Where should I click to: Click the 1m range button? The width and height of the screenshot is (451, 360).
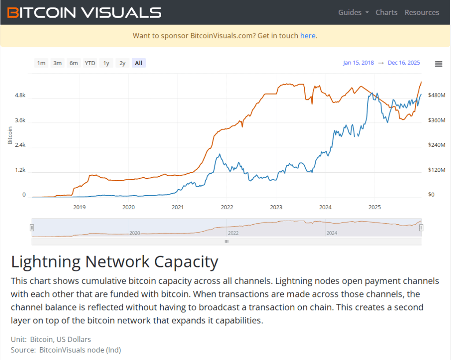pyautogui.click(x=41, y=63)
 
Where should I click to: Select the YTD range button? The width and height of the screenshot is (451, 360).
pyautogui.click(x=90, y=63)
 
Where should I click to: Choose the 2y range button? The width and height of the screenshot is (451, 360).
pyautogui.click(x=122, y=63)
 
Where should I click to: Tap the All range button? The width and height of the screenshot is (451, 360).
pyautogui.click(x=138, y=63)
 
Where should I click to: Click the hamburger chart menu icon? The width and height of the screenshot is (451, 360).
pyautogui.click(x=438, y=64)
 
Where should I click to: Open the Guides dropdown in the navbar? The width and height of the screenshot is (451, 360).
pyautogui.click(x=353, y=12)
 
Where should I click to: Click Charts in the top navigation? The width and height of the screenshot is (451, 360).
pyautogui.click(x=386, y=12)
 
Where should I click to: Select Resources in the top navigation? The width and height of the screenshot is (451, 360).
pyautogui.click(x=421, y=12)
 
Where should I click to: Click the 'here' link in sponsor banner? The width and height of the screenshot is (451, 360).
pyautogui.click(x=307, y=36)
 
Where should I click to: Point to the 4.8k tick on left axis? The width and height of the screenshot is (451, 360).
pyautogui.click(x=21, y=95)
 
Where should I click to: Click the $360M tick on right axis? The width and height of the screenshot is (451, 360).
pyautogui.click(x=437, y=120)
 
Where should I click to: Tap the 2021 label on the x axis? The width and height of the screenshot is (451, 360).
pyautogui.click(x=177, y=207)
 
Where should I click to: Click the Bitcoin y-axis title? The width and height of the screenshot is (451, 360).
pyautogui.click(x=10, y=135)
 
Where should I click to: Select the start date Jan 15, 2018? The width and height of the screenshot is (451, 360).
pyautogui.click(x=358, y=63)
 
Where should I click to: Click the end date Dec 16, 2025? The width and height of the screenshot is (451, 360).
pyautogui.click(x=403, y=63)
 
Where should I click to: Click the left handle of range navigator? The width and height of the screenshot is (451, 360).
pyautogui.click(x=32, y=227)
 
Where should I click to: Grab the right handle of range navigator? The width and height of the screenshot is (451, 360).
pyautogui.click(x=421, y=227)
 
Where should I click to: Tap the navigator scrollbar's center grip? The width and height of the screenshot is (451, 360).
pyautogui.click(x=226, y=241)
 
